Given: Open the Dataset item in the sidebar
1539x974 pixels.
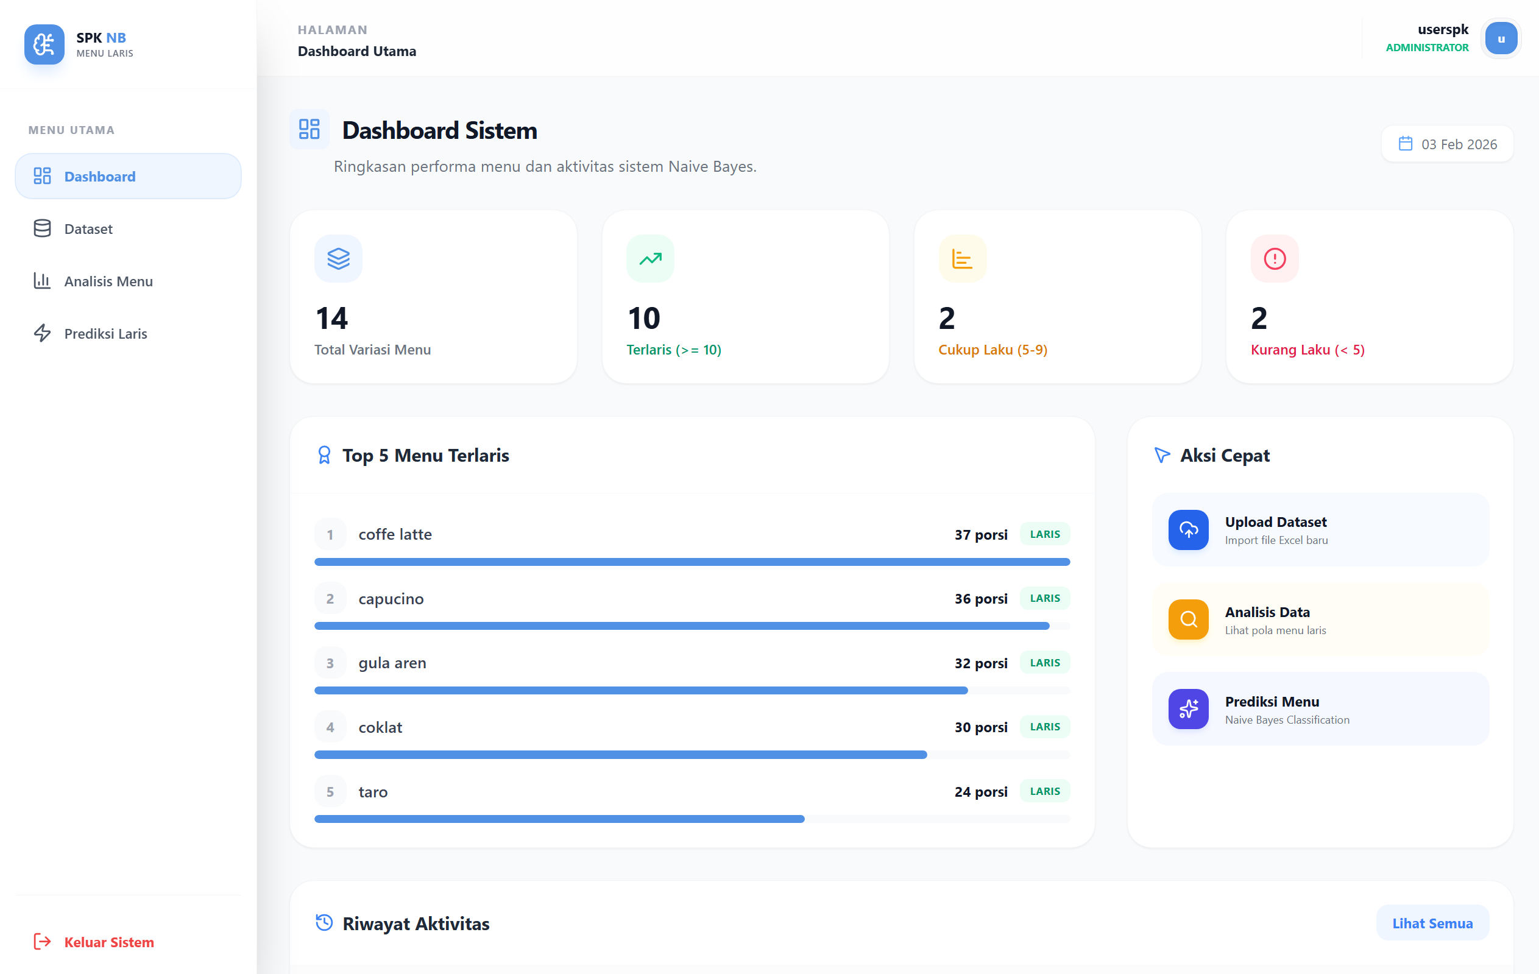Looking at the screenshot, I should tap(88, 229).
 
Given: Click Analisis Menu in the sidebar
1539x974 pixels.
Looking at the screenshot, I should tap(108, 281).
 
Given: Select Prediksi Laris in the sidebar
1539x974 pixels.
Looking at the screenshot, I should tap(105, 334).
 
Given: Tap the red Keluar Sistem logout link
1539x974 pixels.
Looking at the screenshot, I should tap(108, 942).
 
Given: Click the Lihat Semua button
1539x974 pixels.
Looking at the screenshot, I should tap(1432, 923).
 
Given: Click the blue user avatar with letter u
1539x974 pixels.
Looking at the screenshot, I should tap(1501, 39).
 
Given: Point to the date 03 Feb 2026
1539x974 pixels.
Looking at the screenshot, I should tap(1458, 144).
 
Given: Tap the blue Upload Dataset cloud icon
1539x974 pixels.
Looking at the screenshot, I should tap(1188, 530).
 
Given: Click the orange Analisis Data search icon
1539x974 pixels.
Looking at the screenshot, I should tap(1188, 619).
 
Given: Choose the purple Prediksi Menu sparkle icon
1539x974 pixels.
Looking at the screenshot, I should tap(1188, 709).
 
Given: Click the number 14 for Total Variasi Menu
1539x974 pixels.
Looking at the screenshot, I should tap(331, 319).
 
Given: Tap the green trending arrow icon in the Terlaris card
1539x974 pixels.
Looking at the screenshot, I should tap(650, 259).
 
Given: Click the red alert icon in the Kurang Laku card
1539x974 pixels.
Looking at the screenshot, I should tap(1275, 259).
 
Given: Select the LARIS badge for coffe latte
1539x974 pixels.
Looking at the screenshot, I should tap(1044, 534).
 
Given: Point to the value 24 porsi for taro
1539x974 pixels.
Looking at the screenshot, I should tap(980, 792).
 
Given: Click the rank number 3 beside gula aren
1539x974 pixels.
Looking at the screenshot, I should tap(330, 663).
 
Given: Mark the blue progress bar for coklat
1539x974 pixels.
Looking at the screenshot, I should tap(620, 755).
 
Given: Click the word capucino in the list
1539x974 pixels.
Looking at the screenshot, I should tap(391, 599).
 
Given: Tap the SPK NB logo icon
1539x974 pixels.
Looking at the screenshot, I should tap(44, 44).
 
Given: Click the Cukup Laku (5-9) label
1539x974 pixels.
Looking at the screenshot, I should tap(992, 350).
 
